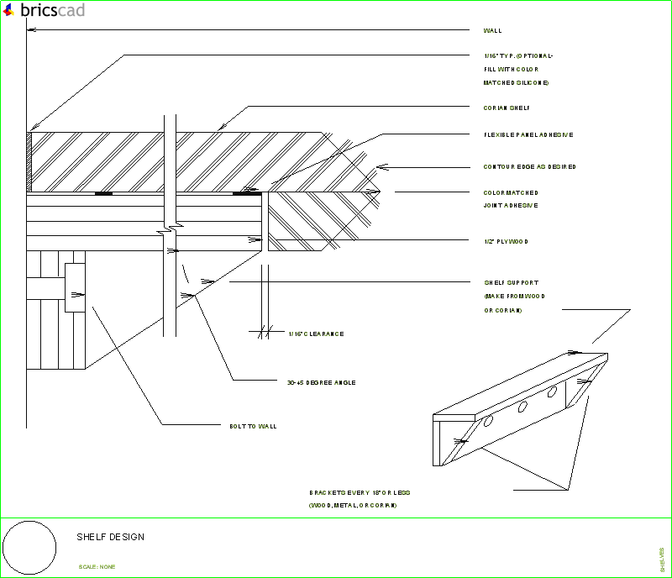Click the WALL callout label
(x=492, y=31)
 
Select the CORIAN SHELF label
(x=507, y=108)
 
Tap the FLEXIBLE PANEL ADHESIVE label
(x=528, y=134)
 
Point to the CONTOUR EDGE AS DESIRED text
(x=529, y=167)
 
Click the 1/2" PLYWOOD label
(x=506, y=242)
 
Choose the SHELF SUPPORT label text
(x=511, y=283)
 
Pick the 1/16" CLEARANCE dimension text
(x=316, y=334)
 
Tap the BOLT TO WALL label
(x=253, y=427)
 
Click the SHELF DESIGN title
(x=111, y=537)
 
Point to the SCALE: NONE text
(x=97, y=567)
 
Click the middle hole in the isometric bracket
(x=522, y=407)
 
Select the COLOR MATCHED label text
(x=511, y=193)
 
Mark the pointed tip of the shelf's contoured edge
(x=381, y=192)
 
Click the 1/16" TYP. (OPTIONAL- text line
(x=518, y=56)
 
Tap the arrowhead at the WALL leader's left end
(x=30, y=31)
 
